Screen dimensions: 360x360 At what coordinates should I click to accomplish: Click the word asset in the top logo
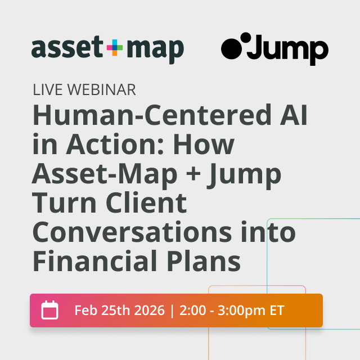[x=67, y=49]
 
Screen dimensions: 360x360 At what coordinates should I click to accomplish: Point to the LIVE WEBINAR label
[x=84, y=89]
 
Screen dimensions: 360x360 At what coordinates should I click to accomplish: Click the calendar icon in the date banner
[x=50, y=310]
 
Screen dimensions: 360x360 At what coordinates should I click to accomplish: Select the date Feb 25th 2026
[x=119, y=310]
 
